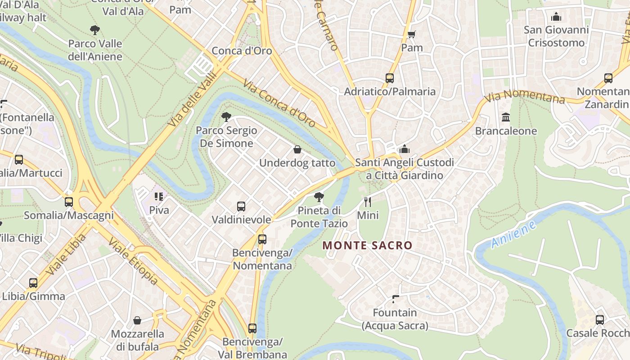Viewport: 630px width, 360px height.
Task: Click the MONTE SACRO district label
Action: [367, 246]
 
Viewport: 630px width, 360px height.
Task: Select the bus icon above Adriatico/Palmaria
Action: [390, 78]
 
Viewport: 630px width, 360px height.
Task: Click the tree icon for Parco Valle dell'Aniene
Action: [95, 30]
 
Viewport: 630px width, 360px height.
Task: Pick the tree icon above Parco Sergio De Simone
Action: [226, 117]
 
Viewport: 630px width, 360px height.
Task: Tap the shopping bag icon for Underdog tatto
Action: [297, 149]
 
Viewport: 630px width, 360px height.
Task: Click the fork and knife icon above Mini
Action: [368, 202]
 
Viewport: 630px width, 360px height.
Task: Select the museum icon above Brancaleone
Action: [506, 117]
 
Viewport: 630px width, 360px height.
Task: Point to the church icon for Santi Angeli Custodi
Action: [404, 149]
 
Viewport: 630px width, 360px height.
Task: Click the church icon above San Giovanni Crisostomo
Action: [556, 17]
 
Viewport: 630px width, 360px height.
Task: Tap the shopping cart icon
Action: [412, 34]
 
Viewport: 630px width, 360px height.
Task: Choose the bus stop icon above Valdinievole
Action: [241, 207]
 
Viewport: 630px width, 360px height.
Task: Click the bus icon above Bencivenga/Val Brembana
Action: [252, 328]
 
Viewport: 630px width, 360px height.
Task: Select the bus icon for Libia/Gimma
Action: [33, 283]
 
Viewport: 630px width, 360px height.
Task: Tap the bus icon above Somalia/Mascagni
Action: [69, 202]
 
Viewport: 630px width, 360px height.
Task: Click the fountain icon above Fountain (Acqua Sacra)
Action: [396, 299]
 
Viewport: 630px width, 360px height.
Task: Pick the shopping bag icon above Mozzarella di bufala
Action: [137, 320]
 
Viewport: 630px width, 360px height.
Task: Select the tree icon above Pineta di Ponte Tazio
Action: [319, 197]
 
